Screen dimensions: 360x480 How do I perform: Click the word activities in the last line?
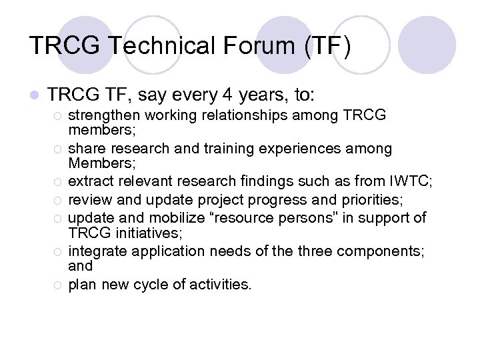pos(222,285)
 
